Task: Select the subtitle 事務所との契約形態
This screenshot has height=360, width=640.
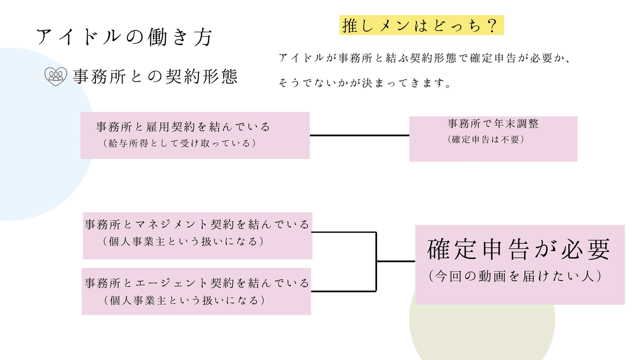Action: tap(155, 77)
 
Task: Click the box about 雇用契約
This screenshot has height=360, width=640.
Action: tap(195, 135)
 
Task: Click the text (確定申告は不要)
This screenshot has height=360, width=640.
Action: tap(487, 140)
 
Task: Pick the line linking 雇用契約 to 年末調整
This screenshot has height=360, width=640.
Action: tap(359, 135)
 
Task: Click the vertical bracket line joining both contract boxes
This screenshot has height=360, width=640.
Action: tap(377, 261)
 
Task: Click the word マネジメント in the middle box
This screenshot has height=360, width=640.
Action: tap(176, 224)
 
